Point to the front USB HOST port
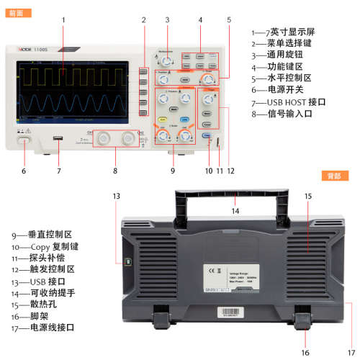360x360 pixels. (x=58, y=138)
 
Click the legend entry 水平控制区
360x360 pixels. (x=285, y=78)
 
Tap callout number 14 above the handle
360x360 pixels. (x=235, y=212)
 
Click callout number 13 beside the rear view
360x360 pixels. (x=116, y=196)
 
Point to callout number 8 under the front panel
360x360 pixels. (x=114, y=171)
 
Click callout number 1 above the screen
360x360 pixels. (x=63, y=19)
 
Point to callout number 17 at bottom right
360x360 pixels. (x=351, y=353)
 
